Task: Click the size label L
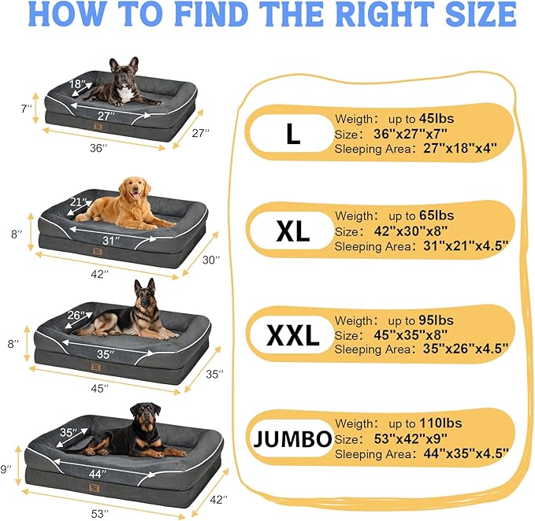click(x=292, y=135)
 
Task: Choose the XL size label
click(x=292, y=231)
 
